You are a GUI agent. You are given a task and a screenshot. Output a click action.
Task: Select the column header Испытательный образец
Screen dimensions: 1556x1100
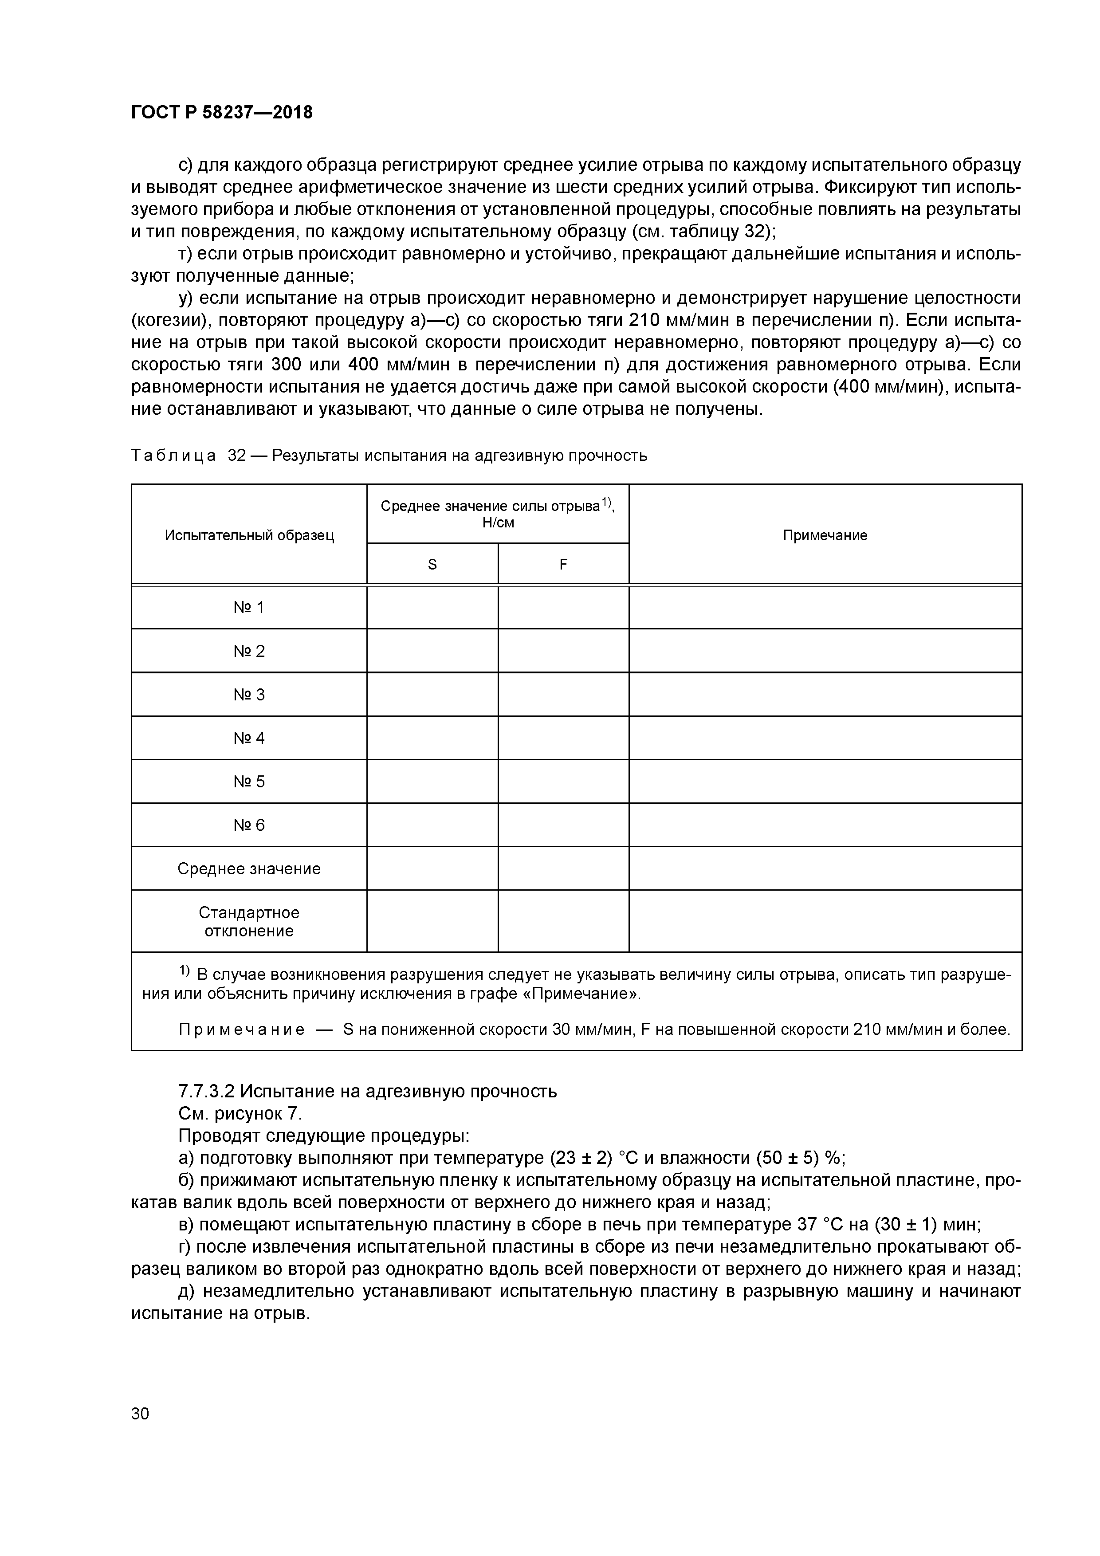pyautogui.click(x=249, y=535)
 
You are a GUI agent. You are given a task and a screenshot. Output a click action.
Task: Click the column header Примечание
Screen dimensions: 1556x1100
pyautogui.click(x=825, y=535)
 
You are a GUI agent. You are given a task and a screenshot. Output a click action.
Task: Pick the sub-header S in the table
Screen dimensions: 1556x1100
pyautogui.click(x=432, y=564)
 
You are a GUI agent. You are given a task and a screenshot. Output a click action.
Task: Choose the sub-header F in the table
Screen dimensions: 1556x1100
pyautogui.click(x=563, y=564)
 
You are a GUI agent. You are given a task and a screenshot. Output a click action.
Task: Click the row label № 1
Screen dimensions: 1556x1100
pyautogui.click(x=249, y=607)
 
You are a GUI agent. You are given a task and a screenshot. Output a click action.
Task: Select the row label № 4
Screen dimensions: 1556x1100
pyautogui.click(x=249, y=738)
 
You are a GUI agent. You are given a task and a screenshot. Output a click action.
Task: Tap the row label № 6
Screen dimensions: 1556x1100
pyautogui.click(x=249, y=825)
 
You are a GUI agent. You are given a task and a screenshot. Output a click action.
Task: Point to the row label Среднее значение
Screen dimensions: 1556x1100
pyautogui.click(x=249, y=869)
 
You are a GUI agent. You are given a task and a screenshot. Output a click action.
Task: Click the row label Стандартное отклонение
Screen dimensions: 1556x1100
pyautogui.click(x=249, y=922)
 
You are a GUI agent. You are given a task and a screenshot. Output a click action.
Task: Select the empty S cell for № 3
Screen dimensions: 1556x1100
pyautogui.click(x=432, y=695)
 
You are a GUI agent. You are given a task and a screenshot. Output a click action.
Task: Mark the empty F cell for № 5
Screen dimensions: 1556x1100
pyautogui.click(x=563, y=782)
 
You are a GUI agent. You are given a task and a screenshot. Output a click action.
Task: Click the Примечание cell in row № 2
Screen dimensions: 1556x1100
pyautogui.click(x=825, y=651)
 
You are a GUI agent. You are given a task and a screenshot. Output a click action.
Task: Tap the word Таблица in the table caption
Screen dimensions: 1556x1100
pyautogui.click(x=173, y=456)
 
